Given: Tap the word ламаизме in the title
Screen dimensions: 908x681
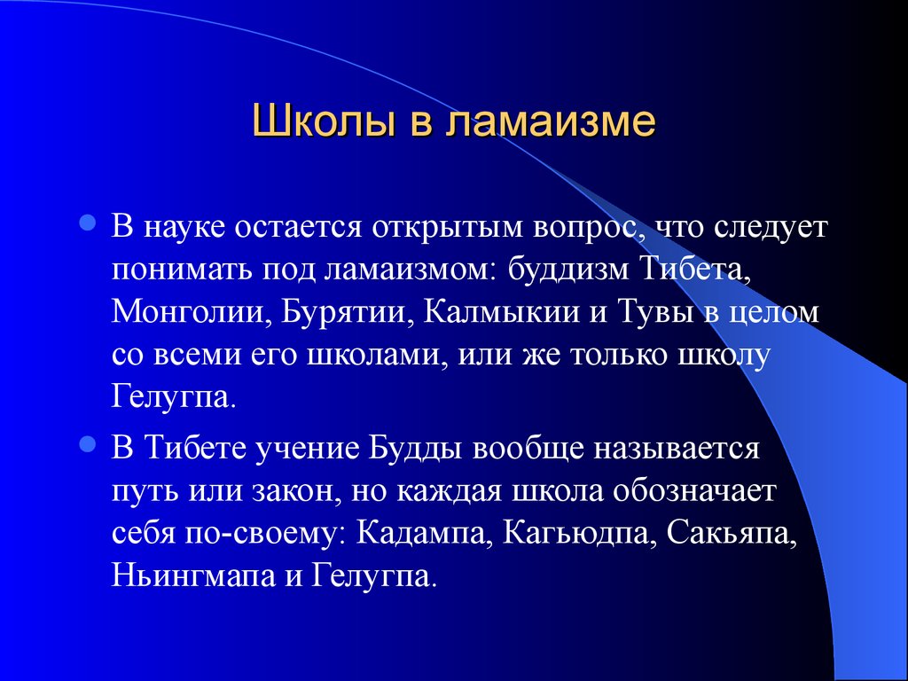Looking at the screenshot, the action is tap(551, 121).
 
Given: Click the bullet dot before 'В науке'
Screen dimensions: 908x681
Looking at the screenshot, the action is tap(88, 223).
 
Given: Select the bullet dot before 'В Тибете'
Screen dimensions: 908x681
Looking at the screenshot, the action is tap(88, 444).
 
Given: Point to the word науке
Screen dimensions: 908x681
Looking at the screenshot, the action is tap(184, 227).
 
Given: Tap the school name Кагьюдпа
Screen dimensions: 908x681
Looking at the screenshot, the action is tap(579, 534).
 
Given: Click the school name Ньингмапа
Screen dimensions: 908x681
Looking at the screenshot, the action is tap(192, 575).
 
